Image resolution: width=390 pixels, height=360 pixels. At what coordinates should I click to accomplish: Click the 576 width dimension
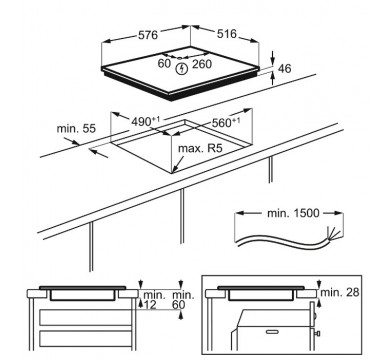(x=148, y=34)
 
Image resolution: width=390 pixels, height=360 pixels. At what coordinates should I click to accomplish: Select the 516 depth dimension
(x=227, y=34)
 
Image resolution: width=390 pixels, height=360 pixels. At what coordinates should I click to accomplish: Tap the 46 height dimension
(x=284, y=68)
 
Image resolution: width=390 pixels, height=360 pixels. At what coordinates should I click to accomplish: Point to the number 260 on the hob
(x=202, y=64)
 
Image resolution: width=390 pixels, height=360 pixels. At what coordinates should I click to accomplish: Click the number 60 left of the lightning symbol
(x=164, y=63)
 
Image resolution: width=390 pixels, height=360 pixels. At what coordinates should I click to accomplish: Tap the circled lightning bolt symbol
(x=182, y=69)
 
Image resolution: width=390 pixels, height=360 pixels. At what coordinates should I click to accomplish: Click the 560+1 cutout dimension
(x=226, y=122)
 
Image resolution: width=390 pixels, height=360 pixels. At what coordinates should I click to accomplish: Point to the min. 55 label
(x=76, y=128)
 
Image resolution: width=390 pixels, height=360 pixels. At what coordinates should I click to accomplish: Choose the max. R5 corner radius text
(x=200, y=148)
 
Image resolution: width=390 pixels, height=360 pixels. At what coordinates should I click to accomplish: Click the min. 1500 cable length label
(x=293, y=213)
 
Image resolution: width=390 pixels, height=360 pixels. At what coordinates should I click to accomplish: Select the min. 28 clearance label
(x=340, y=292)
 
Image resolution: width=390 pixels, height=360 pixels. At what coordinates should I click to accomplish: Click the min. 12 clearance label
(x=154, y=300)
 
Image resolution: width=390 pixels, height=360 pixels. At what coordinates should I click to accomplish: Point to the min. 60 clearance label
(x=183, y=300)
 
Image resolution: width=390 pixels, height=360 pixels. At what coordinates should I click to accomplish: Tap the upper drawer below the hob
(x=86, y=317)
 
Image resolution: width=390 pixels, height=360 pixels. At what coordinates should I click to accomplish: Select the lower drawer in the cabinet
(x=86, y=338)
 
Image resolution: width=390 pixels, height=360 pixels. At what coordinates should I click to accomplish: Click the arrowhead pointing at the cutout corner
(x=175, y=170)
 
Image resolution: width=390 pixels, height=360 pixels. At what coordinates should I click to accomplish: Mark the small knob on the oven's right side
(x=318, y=333)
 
